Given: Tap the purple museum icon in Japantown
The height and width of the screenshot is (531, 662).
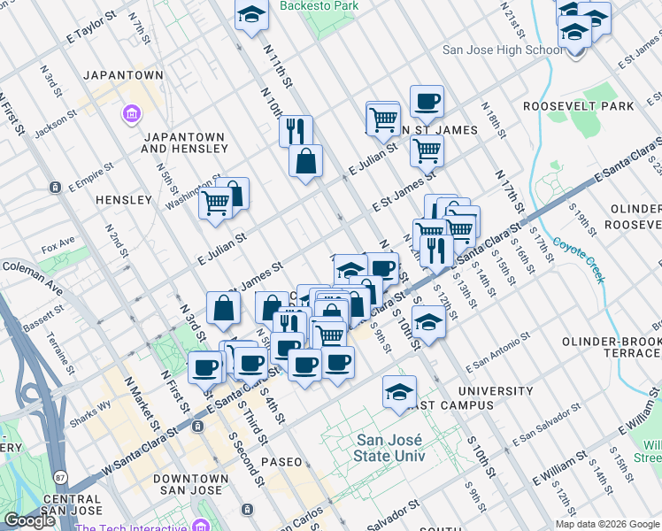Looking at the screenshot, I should tap(131, 114).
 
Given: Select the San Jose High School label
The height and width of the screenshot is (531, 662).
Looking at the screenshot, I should tap(501, 50).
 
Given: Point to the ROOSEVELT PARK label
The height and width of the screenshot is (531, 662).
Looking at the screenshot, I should tap(590, 106).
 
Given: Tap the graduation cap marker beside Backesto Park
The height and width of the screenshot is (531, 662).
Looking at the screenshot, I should tap(251, 15).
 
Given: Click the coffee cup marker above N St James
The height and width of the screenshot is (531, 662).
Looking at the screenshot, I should tap(427, 102).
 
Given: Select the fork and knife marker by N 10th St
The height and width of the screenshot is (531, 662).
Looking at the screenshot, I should tap(296, 131).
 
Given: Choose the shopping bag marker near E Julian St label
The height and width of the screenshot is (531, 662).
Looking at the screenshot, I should tap(305, 161).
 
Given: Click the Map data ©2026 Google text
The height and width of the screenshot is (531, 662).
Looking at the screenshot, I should tap(607, 523).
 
